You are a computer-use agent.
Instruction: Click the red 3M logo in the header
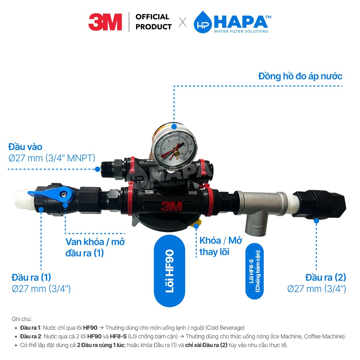coord(105,22)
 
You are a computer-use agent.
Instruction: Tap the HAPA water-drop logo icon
coord(203,22)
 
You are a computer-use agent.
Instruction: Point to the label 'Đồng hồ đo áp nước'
coord(300,76)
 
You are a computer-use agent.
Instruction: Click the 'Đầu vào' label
coord(25,147)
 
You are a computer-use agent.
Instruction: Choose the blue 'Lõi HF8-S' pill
coord(254,271)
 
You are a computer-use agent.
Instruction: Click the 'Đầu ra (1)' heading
coord(31,277)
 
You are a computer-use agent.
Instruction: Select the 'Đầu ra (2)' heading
coord(326,277)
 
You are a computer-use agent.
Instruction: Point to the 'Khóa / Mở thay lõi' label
coord(221,246)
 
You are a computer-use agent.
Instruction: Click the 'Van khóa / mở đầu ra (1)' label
coord(95,247)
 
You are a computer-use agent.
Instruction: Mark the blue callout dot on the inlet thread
coord(97,169)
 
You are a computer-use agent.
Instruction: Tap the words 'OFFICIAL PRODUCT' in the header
coord(153,22)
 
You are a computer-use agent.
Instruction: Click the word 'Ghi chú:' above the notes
coord(21,319)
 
